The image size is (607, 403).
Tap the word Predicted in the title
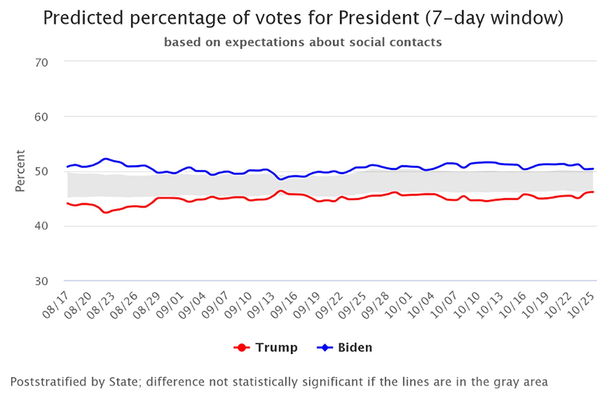tap(83, 18)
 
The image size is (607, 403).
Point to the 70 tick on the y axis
tap(41, 62)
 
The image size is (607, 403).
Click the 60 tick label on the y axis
tap(41, 117)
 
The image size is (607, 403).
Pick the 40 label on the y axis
tap(41, 226)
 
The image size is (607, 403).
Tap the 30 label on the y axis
tap(41, 281)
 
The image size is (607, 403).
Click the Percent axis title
tap(20, 171)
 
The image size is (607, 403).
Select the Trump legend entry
tap(276, 347)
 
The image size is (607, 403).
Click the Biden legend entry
tap(355, 347)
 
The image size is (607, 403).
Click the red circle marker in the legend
tap(242, 347)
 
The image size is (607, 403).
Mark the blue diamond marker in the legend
tap(325, 347)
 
